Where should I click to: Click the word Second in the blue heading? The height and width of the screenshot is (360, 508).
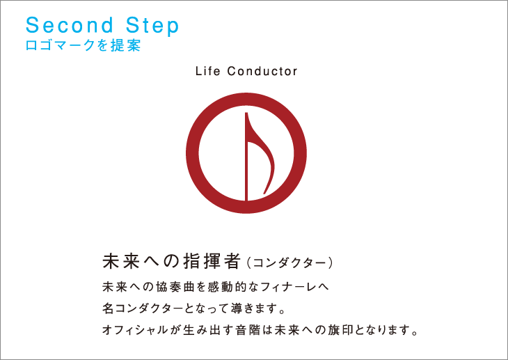[x=70, y=25]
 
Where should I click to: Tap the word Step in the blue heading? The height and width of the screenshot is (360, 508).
[x=152, y=26]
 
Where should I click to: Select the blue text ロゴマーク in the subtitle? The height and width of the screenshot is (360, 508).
[x=61, y=45]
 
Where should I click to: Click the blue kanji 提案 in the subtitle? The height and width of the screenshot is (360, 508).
[x=126, y=45]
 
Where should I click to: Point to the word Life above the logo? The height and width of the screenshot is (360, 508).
[x=207, y=71]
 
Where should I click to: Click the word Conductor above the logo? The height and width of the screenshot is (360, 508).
[x=262, y=71]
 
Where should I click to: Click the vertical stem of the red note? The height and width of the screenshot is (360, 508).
[x=246, y=157]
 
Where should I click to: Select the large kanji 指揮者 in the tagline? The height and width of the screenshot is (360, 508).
[x=212, y=261]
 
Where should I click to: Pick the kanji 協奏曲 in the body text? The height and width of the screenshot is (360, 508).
[x=175, y=287]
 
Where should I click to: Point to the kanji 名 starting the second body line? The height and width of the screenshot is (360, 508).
[x=108, y=308]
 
